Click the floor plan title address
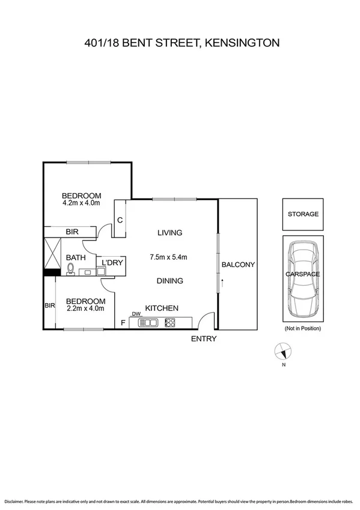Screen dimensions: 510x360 coord(180,43)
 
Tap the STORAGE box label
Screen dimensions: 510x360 coord(303,214)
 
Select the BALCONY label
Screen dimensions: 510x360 coord(238,265)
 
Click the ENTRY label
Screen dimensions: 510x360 coord(203,339)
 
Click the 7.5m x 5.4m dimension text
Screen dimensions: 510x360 coord(169,257)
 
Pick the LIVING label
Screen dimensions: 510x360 coord(169,233)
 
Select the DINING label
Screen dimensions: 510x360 coord(169,281)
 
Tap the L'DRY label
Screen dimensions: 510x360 coord(112,263)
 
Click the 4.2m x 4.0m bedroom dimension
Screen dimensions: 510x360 coord(81,203)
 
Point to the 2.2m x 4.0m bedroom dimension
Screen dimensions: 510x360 coord(85,309)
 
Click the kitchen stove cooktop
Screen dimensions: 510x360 coord(169,323)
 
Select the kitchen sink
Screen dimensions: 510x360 coord(148,323)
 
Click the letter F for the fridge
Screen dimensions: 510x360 coord(123,323)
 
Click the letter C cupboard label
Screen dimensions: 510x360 coord(120,220)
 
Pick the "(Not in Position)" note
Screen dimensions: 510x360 coord(303,328)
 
